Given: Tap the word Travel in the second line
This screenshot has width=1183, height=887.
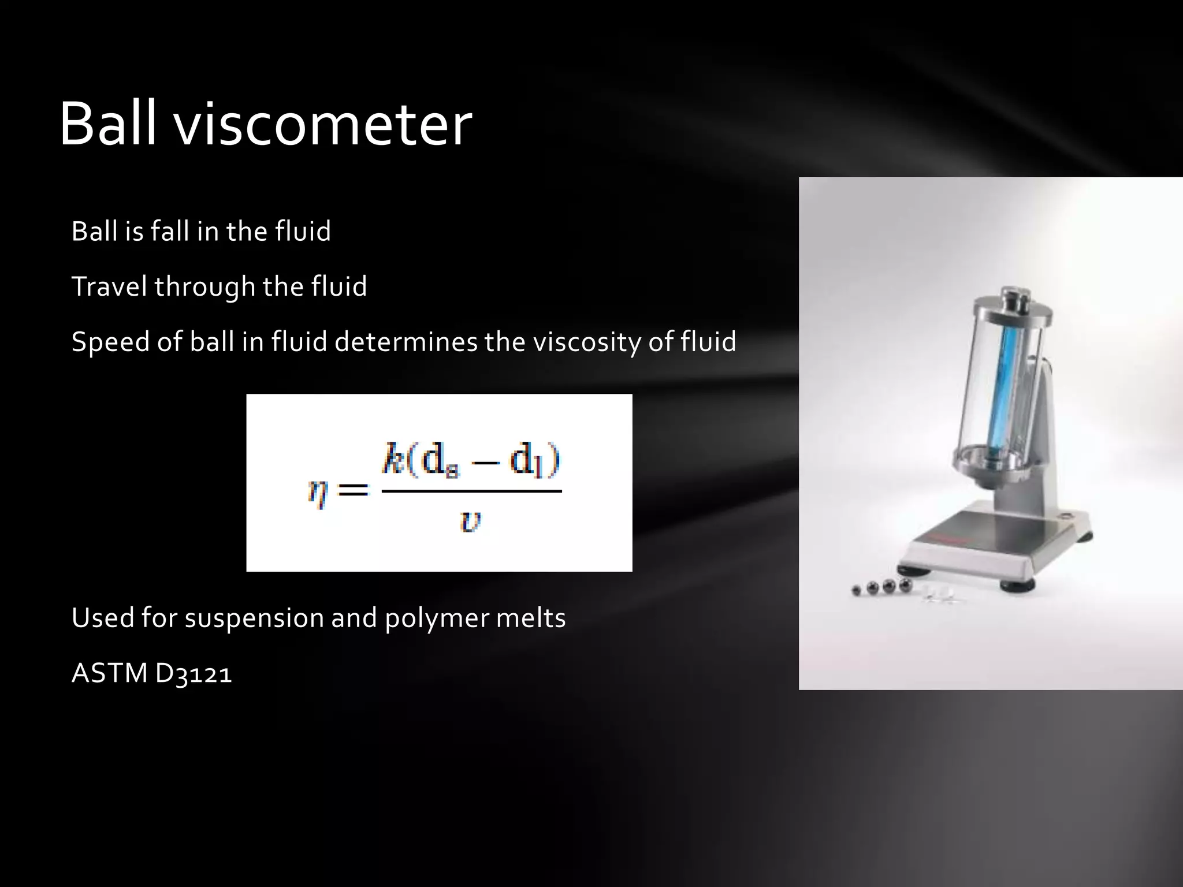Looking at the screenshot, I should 109,286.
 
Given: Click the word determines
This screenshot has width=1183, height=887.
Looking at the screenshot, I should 406,341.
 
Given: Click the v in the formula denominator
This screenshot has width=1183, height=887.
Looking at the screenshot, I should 470,521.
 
